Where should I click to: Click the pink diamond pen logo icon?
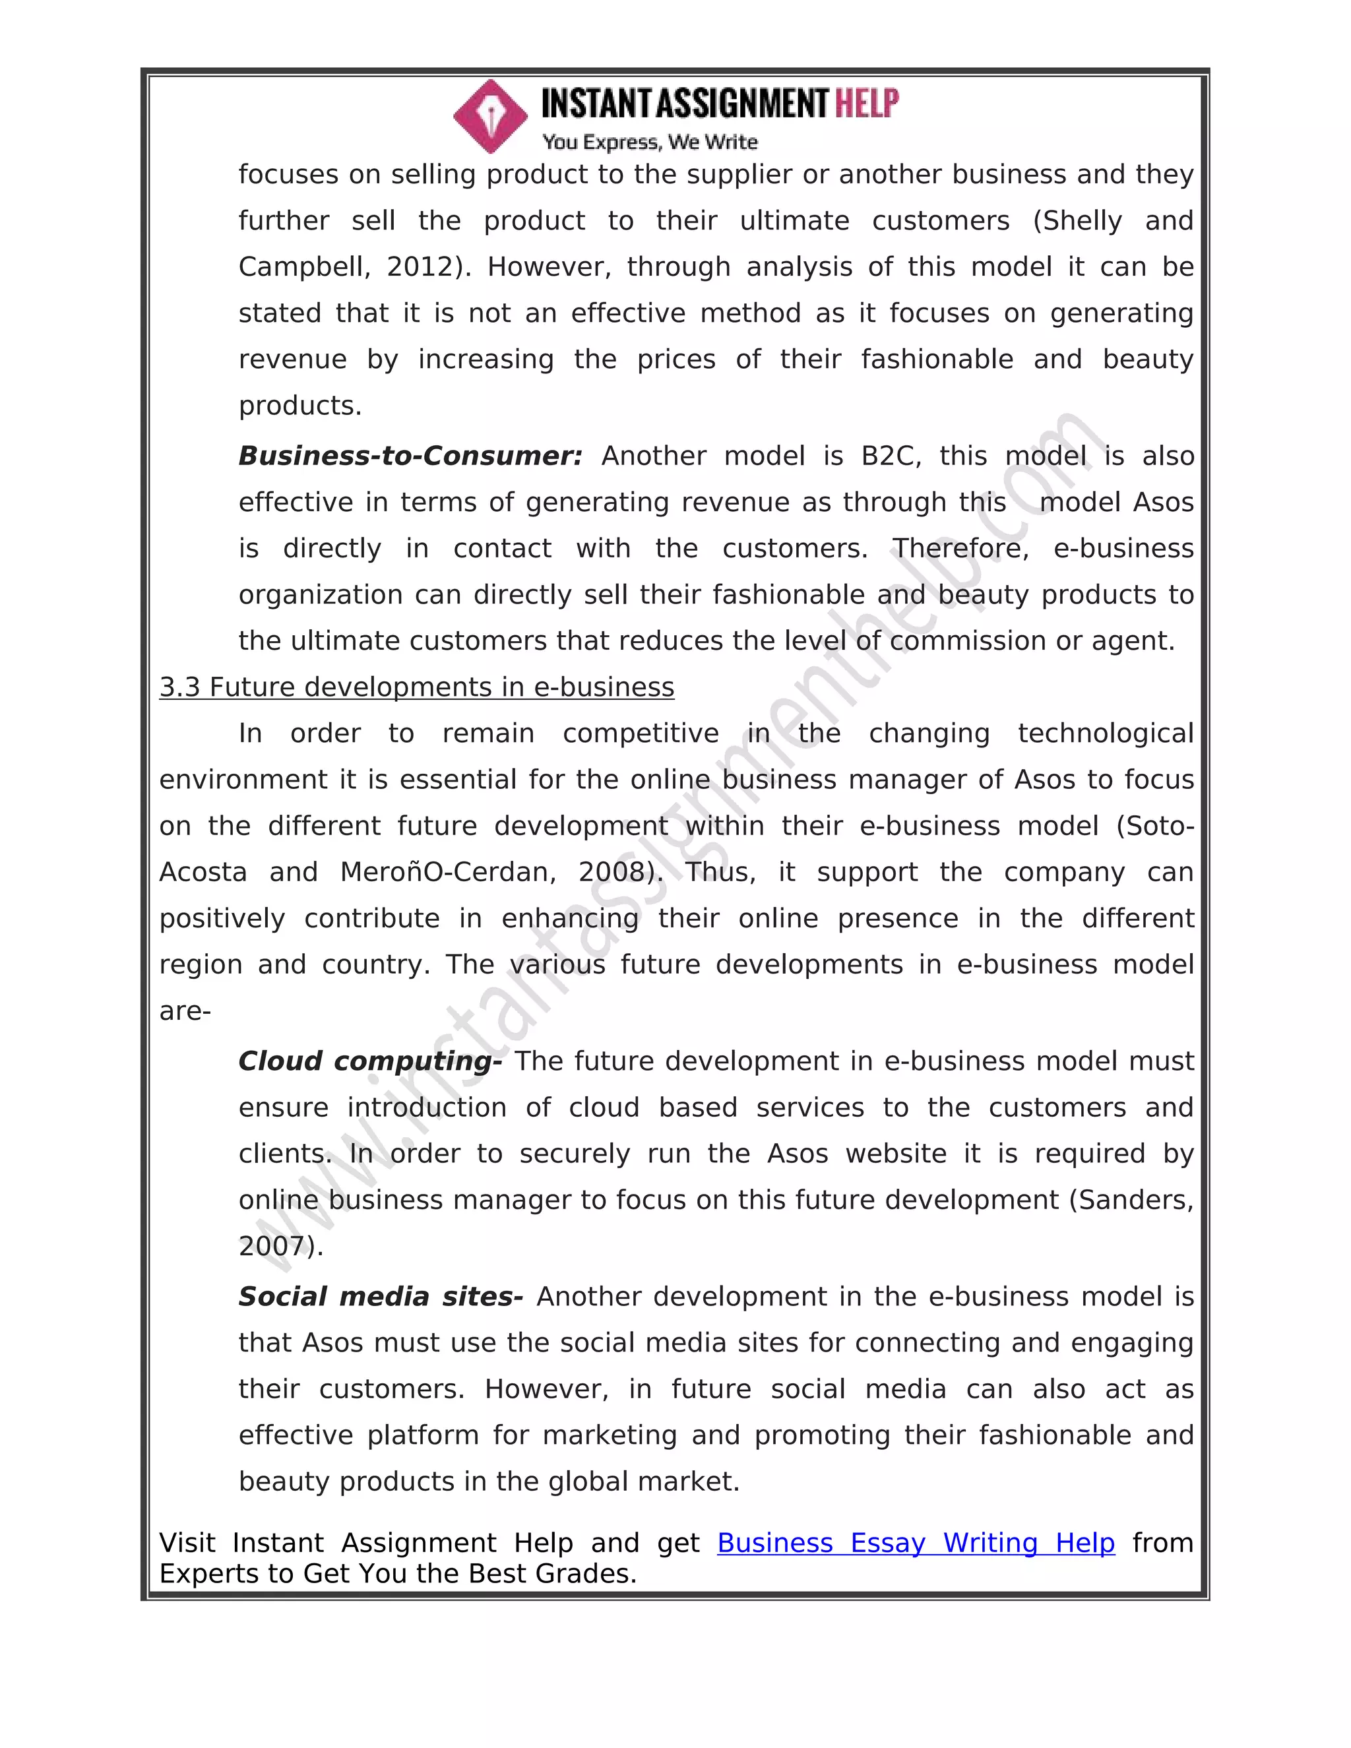click(x=490, y=117)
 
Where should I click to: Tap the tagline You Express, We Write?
click(x=649, y=142)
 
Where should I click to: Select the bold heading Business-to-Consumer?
click(x=410, y=456)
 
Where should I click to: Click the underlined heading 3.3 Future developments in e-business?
click(x=416, y=687)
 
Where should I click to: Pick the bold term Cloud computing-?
click(x=370, y=1061)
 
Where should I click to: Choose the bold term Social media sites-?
click(x=380, y=1297)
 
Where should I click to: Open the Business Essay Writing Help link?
click(x=916, y=1543)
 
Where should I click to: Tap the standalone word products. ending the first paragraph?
click(x=300, y=406)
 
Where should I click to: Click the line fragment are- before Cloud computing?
click(x=185, y=1012)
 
